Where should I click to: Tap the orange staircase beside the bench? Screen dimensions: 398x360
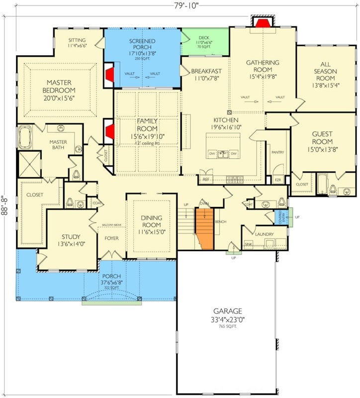[204, 228]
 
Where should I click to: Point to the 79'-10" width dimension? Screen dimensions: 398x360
[180, 5]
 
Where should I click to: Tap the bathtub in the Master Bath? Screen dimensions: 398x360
[24, 137]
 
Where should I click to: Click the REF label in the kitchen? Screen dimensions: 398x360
[206, 179]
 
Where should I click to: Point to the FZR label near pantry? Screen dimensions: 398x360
[278, 179]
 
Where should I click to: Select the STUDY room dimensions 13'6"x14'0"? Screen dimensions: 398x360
[71, 244]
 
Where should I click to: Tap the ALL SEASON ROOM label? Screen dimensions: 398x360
[325, 72]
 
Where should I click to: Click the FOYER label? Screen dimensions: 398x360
[111, 238]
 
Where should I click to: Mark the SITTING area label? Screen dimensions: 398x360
[77, 40]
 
